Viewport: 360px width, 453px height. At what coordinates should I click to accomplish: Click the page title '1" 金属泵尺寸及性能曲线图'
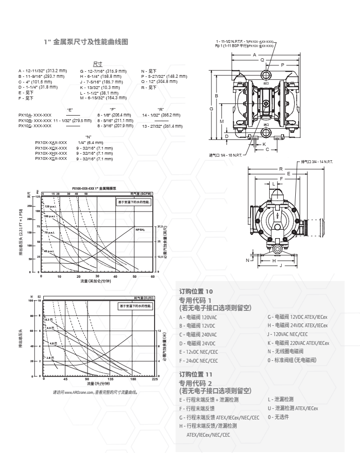86,42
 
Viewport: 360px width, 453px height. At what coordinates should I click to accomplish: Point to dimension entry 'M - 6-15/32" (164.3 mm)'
103,97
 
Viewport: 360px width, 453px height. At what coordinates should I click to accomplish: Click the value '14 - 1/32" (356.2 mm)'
161,115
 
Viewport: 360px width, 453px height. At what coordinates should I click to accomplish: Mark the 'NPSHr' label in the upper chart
140,229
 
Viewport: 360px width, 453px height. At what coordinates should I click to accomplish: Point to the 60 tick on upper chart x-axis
152,276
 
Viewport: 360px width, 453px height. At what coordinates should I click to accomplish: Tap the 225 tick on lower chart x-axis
155,379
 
